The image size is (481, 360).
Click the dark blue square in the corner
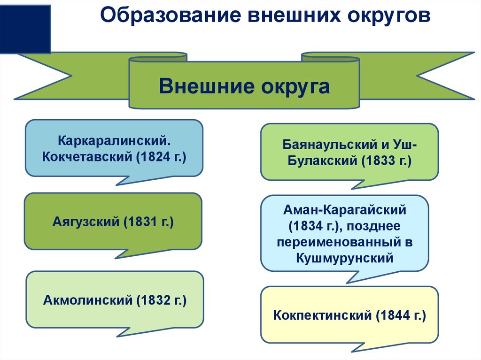(25, 28)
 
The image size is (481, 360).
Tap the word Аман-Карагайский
(345, 210)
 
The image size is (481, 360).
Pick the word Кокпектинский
(322, 315)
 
